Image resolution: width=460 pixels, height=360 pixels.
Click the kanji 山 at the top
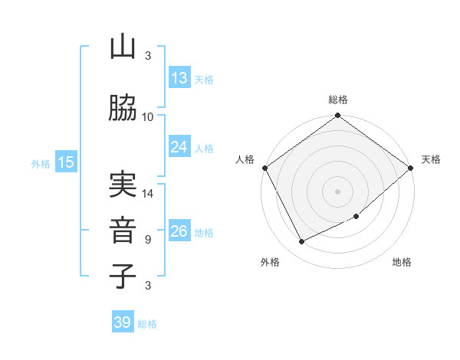pyautogui.click(x=123, y=47)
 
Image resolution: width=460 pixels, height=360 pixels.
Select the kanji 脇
pyautogui.click(x=123, y=109)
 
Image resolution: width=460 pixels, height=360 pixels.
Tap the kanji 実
pyautogui.click(x=123, y=185)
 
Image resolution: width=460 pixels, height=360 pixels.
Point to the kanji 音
pyautogui.click(x=123, y=231)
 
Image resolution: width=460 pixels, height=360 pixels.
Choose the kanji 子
pyautogui.click(x=123, y=276)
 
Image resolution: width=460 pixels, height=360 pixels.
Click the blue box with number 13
pyautogui.click(x=179, y=78)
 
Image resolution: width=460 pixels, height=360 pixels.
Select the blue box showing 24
pyautogui.click(x=179, y=147)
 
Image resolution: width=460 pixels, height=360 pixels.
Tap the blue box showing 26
pyautogui.click(x=179, y=232)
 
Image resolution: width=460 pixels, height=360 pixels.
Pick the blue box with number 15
pyautogui.click(x=66, y=162)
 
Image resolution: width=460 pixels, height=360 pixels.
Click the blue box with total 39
pyautogui.click(x=123, y=322)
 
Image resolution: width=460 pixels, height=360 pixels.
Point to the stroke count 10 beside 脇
pyautogui.click(x=148, y=117)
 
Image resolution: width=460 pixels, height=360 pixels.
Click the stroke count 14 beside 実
pyautogui.click(x=148, y=194)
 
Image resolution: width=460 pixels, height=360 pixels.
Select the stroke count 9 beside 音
pyautogui.click(x=148, y=240)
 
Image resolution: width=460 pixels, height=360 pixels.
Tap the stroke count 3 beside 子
pyautogui.click(x=148, y=286)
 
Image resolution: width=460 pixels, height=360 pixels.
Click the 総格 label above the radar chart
pyautogui.click(x=338, y=100)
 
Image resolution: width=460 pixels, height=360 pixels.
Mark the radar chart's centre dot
pyautogui.click(x=337, y=191)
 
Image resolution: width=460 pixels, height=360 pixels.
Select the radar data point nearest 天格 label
pyautogui.click(x=411, y=168)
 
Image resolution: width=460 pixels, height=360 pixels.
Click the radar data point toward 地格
pyautogui.click(x=356, y=216)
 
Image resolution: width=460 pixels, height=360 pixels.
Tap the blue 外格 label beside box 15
pyautogui.click(x=41, y=163)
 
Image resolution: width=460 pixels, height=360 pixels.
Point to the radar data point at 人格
pyautogui.click(x=264, y=168)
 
